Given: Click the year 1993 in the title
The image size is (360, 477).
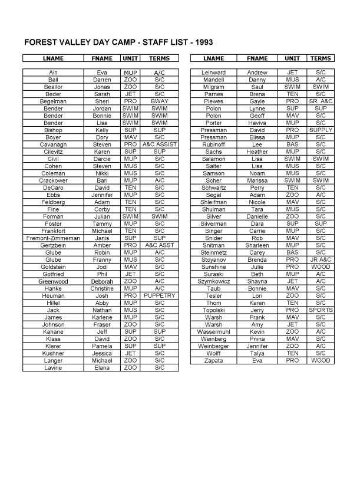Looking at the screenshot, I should (x=202, y=43).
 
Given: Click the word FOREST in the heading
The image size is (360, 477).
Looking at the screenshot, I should (x=42, y=43).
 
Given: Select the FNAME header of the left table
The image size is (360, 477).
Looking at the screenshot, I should (x=102, y=59).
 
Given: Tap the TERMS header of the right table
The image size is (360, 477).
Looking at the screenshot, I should (x=321, y=59).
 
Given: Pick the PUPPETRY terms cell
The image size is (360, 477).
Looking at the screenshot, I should (x=159, y=295).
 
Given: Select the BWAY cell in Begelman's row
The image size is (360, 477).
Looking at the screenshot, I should (x=159, y=101).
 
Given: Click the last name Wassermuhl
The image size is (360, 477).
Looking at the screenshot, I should (x=213, y=331).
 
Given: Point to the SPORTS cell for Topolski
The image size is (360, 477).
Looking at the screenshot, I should (x=321, y=310).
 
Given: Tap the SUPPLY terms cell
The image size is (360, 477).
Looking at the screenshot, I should (x=321, y=130).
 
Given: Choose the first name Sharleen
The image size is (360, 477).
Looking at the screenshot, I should (x=257, y=245).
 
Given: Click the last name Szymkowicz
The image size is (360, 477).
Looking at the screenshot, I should (x=213, y=281).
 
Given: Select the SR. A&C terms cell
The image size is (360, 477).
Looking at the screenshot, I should (x=321, y=101).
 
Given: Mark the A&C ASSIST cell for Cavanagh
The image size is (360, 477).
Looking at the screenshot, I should (x=159, y=144).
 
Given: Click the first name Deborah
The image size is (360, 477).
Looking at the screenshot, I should (x=102, y=281).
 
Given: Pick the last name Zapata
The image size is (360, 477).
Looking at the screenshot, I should (x=213, y=360).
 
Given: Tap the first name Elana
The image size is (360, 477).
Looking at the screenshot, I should (x=102, y=367).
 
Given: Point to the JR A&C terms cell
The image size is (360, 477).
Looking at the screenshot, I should (x=321, y=259).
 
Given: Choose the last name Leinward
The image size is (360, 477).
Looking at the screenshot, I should (x=213, y=73).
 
